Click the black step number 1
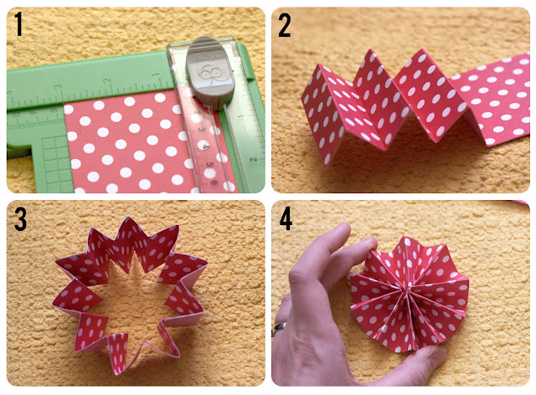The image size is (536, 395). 19,24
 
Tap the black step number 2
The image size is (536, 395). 285,26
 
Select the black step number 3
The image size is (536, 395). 20,219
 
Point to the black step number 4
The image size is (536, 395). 286,218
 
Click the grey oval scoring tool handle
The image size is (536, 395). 210,71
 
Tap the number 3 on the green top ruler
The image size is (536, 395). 58,87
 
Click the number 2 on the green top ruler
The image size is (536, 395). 108,80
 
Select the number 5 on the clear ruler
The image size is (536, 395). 210,166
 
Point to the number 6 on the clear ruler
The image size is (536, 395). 214,182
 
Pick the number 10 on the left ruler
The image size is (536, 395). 16,114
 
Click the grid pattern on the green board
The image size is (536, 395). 54,163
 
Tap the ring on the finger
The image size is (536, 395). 279,327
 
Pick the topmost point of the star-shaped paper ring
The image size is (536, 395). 128,218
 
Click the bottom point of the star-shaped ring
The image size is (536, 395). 117,372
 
